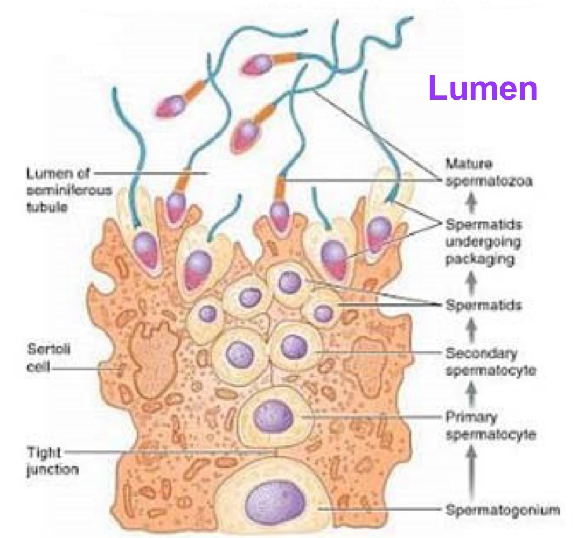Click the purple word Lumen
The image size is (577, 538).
click(x=483, y=89)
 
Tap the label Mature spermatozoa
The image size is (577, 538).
click(x=489, y=172)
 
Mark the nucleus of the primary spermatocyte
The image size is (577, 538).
click(x=274, y=415)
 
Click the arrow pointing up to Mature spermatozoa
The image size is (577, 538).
click(x=472, y=202)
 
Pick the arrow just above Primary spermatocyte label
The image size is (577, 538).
click(x=472, y=395)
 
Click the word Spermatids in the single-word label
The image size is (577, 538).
click(x=483, y=305)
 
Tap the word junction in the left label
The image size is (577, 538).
click(x=53, y=469)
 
